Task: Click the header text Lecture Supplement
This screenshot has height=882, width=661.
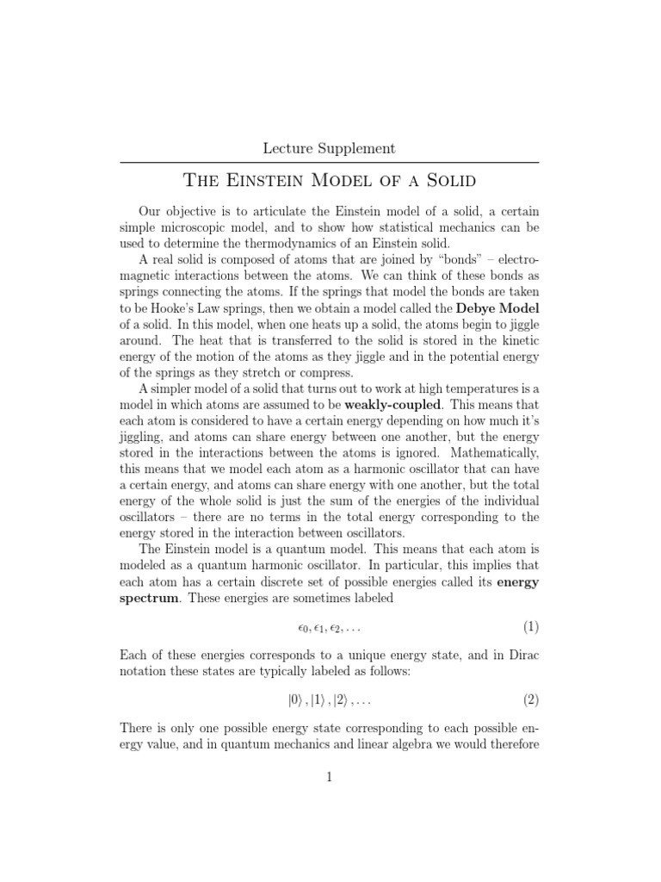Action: [x=329, y=148]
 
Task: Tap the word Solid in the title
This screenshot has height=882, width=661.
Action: [x=444, y=182]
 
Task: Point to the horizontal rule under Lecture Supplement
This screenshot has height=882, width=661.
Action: [x=329, y=163]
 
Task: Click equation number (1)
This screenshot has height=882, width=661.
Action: [x=530, y=626]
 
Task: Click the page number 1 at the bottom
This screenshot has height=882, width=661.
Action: [x=329, y=776]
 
